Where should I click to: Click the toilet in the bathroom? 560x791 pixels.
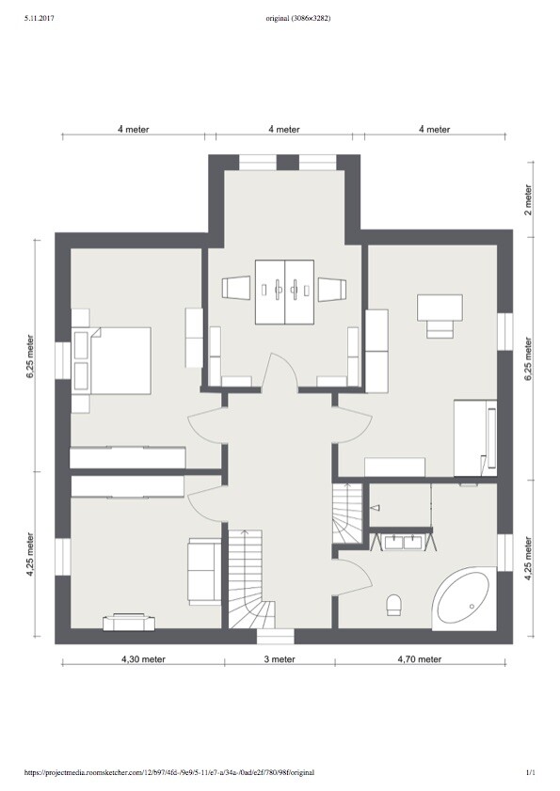point(393,605)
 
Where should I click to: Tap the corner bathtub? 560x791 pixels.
point(465,599)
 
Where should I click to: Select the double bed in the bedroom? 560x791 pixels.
point(112,360)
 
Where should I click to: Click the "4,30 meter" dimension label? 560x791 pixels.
point(143,658)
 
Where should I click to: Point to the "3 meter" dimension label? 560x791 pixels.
point(280,658)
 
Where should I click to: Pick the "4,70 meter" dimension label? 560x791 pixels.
point(419,658)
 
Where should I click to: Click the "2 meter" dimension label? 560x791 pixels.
point(528,199)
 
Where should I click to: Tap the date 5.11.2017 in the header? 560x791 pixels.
point(39,19)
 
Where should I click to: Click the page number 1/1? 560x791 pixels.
point(530,772)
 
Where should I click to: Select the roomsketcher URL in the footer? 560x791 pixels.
point(169,772)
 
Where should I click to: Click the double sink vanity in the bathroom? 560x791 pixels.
point(403,542)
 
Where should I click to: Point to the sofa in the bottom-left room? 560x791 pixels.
point(204,571)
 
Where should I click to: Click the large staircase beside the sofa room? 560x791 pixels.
point(251,578)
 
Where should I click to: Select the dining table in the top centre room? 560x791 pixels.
point(285,292)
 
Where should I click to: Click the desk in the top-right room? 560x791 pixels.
point(440,308)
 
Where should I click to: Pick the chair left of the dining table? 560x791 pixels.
point(236,289)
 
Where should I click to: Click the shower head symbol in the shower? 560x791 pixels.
point(376,508)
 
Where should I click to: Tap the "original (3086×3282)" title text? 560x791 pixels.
point(298,19)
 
